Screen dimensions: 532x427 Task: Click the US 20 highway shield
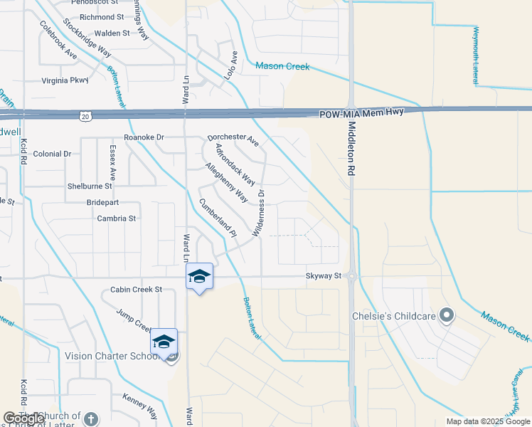(85, 115)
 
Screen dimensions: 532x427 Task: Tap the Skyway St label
(324, 275)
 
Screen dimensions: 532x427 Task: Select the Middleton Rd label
(351, 148)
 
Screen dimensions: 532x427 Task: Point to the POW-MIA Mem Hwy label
(361, 113)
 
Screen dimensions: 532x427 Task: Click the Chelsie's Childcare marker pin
(447, 315)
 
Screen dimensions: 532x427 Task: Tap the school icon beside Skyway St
(199, 277)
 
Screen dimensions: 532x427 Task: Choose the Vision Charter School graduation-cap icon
(164, 343)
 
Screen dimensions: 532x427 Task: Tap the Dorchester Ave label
(233, 139)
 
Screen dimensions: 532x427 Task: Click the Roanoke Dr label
(144, 137)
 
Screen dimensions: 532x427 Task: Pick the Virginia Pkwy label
(65, 80)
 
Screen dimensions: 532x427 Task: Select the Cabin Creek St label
(137, 290)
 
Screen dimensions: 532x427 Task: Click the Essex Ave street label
(112, 162)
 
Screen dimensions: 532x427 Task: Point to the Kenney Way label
(139, 406)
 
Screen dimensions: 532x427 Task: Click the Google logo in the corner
(23, 418)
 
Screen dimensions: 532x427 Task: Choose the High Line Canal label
(514, 396)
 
